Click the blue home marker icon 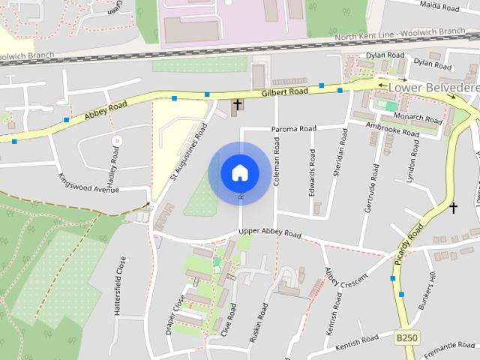pos(239,172)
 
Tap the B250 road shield pos(406,339)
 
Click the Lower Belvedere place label pos(433,88)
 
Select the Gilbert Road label pos(285,92)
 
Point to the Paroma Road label pos(294,129)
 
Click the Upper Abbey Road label pos(270,233)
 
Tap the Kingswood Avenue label pos(88,183)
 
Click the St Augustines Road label pos(188,152)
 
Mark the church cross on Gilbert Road pos(238,104)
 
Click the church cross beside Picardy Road pos(453,207)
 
